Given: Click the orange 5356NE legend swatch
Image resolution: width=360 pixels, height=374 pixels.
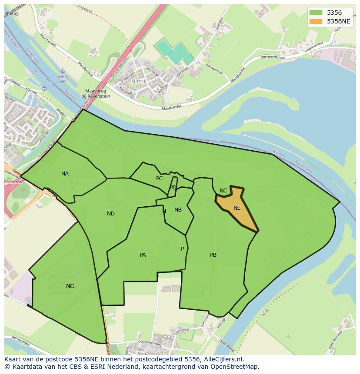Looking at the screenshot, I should coord(317,21).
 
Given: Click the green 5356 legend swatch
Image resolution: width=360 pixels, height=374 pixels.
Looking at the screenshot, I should coord(317,13).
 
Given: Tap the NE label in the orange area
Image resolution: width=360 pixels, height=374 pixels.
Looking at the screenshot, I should coord(237,208).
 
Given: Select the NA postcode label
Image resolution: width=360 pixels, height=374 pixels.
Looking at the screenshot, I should coord(65,174).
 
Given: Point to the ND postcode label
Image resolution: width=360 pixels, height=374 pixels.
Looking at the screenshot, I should coord(111,214).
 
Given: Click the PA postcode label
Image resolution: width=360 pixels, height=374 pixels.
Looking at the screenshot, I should coord(143,255).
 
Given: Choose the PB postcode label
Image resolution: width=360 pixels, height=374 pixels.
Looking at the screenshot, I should coord(213,255).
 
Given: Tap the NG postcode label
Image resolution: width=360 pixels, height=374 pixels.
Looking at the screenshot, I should coord(70,286).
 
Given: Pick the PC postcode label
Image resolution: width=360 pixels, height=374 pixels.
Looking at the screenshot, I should coord(160,179).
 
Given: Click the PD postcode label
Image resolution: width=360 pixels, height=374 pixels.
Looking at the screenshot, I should coord(173,188).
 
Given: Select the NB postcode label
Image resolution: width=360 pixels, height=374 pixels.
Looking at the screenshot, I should coord(178,210).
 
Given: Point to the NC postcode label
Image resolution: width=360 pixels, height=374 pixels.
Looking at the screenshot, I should coord(223,191).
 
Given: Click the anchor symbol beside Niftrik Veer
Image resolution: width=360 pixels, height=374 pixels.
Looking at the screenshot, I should coord(63,70).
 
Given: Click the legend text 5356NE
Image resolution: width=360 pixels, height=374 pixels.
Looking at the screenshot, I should coord(339,21).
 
